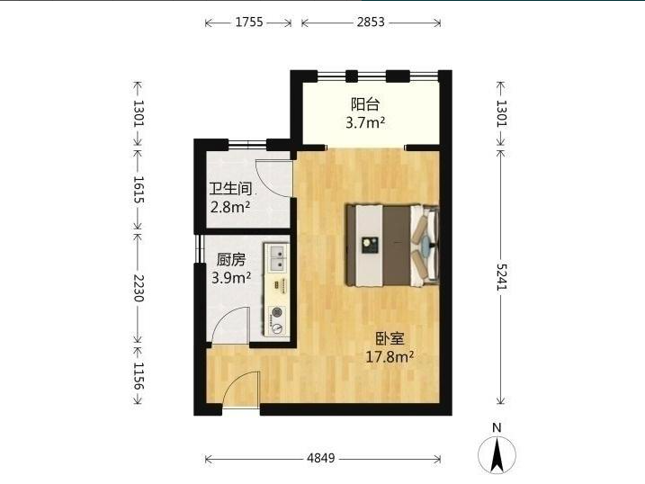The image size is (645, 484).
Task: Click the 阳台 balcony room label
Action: [x=365, y=104]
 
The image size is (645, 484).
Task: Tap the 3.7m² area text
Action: [x=365, y=122]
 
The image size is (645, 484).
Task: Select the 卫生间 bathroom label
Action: [x=231, y=189]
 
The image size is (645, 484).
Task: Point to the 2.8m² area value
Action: [x=230, y=206]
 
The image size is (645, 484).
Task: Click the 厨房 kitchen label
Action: [x=231, y=259]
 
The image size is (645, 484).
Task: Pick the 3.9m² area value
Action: [x=231, y=278]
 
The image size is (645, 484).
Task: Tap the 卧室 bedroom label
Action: [x=390, y=338]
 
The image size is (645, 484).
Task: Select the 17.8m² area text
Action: [x=390, y=356]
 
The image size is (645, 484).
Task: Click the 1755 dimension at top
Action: [x=249, y=22]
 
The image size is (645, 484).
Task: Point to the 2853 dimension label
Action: [x=371, y=22]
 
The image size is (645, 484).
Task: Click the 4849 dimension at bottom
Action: [x=321, y=458]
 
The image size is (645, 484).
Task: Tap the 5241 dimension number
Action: [x=502, y=277]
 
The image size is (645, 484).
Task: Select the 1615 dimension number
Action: [x=139, y=190]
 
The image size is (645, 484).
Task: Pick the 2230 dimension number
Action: [x=139, y=288]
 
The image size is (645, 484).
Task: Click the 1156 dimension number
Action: [x=139, y=376]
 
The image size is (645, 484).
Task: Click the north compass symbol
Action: [x=497, y=451]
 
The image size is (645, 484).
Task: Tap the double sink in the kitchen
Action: [x=277, y=258]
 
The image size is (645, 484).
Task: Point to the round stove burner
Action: [x=276, y=313]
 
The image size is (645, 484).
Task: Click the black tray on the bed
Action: [x=369, y=245]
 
